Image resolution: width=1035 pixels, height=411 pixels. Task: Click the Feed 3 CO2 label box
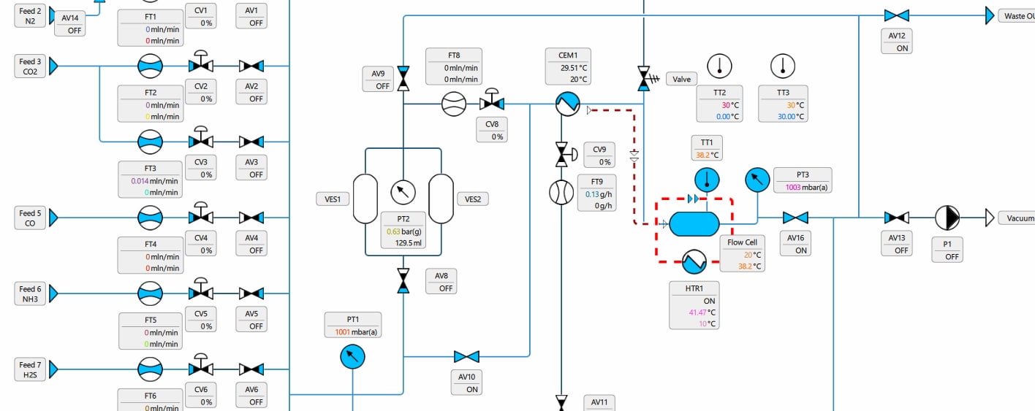[x=30, y=66]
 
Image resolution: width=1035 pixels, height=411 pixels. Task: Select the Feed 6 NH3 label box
[x=30, y=293]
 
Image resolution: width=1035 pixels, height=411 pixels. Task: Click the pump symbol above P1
[x=947, y=217]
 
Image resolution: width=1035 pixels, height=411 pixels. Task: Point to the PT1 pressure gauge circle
[x=352, y=356]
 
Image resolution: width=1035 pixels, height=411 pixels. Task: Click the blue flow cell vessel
[x=694, y=223]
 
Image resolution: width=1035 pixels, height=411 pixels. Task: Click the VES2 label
[x=472, y=199]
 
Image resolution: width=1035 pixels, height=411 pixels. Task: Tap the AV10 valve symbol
[x=466, y=356]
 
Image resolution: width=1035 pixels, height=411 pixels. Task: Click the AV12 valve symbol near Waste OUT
[x=896, y=15]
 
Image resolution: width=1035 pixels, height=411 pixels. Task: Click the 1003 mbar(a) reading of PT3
[x=802, y=187]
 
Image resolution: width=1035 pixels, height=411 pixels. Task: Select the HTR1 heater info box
[x=694, y=305]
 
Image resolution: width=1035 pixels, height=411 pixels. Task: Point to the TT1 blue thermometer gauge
[x=707, y=179]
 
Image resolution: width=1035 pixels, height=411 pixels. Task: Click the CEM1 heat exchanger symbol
[x=566, y=104]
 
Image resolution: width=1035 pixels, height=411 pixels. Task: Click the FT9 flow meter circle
[x=561, y=192]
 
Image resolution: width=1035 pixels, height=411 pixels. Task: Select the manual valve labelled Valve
[x=644, y=77]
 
